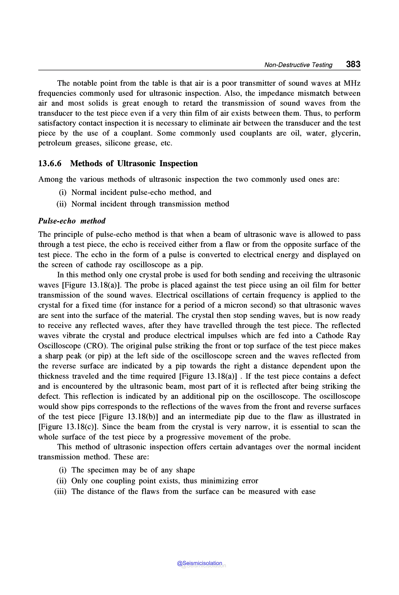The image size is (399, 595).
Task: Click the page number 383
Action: (x=353, y=64)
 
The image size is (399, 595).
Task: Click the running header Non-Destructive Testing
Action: (x=298, y=65)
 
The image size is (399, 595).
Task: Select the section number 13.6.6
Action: (x=50, y=163)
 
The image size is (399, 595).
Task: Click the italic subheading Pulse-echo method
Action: (x=72, y=221)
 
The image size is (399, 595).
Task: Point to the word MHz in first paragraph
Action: (x=352, y=83)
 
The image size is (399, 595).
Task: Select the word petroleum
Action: (x=55, y=143)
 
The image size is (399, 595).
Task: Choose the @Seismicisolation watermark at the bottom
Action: (x=199, y=563)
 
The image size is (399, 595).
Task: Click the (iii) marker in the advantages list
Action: (x=60, y=492)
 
